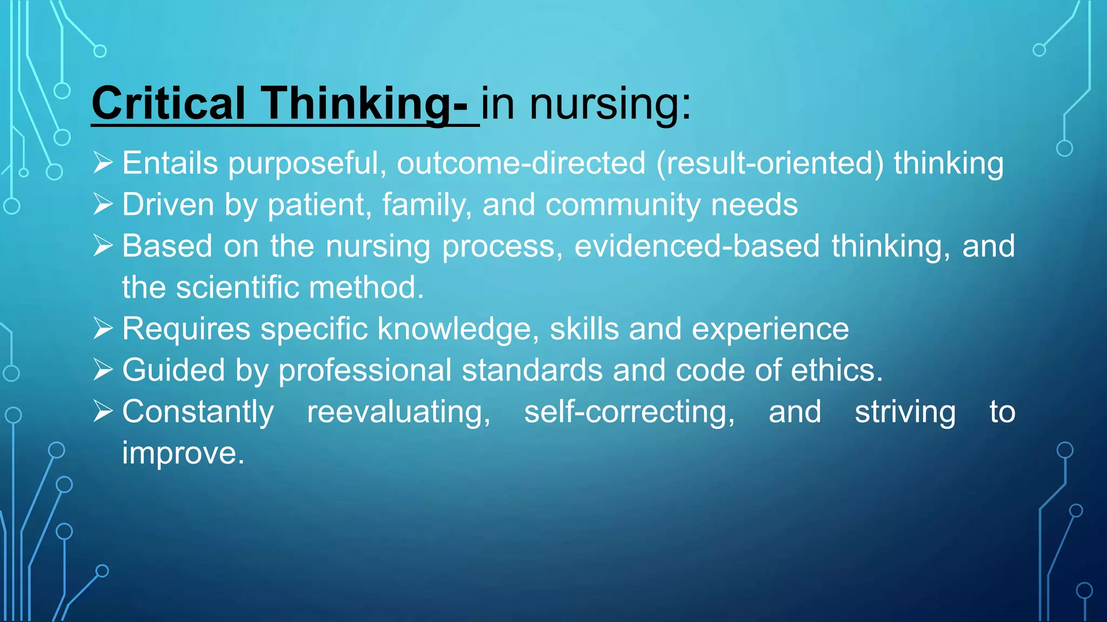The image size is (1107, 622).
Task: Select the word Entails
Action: coord(170,163)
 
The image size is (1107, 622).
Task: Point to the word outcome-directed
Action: coord(521,163)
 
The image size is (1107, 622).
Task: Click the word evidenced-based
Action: coord(697,246)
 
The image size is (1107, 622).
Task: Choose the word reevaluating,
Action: coord(399,412)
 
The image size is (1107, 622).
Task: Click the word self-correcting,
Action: coord(630,412)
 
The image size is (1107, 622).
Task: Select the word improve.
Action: coord(183,454)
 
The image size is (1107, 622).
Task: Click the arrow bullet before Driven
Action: coord(103,205)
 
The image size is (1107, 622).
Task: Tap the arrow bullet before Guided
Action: coord(103,370)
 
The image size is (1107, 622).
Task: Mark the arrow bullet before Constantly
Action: coord(103,412)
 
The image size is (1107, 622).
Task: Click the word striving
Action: coord(905,412)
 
